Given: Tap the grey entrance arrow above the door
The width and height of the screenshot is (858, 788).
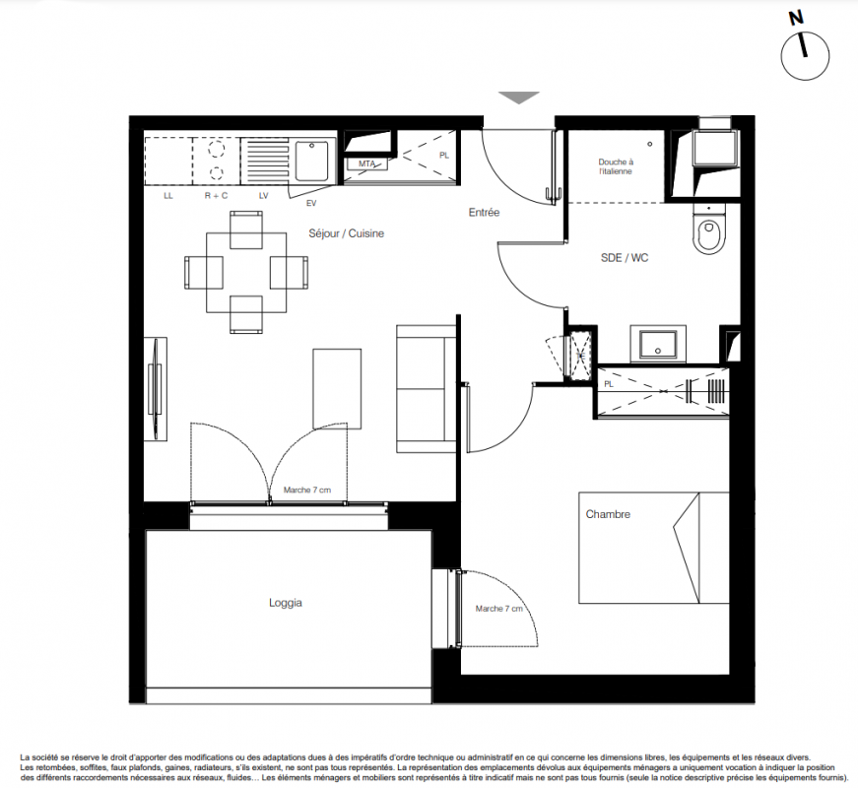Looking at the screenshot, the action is click(519, 97).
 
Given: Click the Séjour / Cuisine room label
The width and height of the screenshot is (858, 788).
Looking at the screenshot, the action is click(346, 233).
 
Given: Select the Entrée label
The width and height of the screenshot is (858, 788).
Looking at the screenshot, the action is click(484, 213).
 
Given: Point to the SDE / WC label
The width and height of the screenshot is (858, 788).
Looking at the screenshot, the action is click(625, 258).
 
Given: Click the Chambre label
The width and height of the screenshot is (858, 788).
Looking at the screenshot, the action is click(608, 514).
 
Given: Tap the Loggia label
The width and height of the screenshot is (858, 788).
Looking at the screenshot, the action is click(285, 603).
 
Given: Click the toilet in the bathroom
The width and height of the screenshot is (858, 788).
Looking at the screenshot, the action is click(709, 229).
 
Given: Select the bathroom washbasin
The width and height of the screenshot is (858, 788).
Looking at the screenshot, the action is click(658, 343).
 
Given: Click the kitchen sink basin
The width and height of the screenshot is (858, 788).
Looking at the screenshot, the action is click(311, 160).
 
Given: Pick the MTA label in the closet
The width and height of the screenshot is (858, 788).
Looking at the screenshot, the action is click(366, 164).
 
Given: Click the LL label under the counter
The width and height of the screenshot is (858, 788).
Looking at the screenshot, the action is click(168, 196).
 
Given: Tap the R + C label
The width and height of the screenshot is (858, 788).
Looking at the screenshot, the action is click(216, 195).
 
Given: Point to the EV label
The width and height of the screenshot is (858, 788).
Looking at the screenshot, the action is click(311, 203).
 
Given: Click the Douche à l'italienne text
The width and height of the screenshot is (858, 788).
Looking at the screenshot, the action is click(616, 166).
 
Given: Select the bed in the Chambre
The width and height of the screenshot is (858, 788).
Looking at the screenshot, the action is click(654, 548).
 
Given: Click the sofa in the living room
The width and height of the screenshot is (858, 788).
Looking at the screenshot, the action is click(427, 388).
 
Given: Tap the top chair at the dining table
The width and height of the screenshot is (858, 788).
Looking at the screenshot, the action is click(246, 230).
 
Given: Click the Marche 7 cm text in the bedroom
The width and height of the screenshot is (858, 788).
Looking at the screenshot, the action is click(499, 609).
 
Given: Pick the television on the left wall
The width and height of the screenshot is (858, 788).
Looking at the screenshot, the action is click(156, 389).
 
